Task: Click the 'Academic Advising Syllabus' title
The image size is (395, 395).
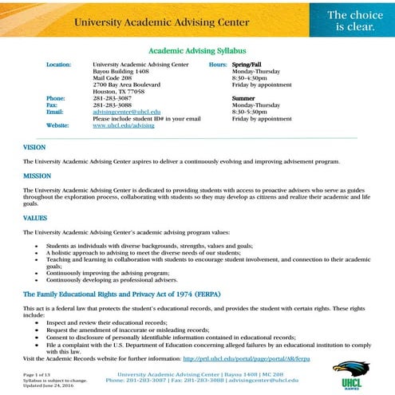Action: [x=196, y=49]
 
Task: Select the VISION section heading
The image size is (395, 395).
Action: [x=34, y=147]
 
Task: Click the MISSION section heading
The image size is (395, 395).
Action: [x=37, y=176]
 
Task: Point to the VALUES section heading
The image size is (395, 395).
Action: [x=35, y=217]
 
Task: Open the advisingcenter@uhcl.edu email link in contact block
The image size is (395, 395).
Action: [x=126, y=112]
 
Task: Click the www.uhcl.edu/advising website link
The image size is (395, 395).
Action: [x=124, y=125]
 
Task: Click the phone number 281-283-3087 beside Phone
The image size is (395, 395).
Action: [x=112, y=97]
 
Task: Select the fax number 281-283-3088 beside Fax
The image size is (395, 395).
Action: [x=112, y=105]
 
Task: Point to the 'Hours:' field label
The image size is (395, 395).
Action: [x=218, y=63]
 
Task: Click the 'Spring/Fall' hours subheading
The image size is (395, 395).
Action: [x=250, y=63]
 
